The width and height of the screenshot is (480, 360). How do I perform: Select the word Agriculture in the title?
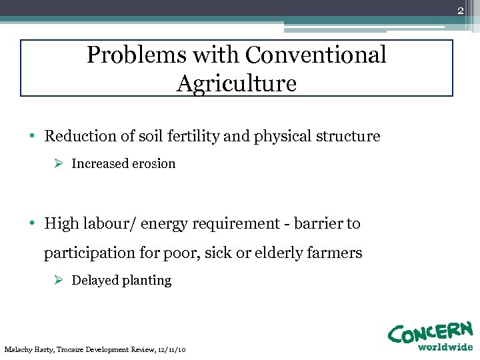tap(237, 84)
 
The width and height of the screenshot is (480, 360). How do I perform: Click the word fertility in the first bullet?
tap(194, 137)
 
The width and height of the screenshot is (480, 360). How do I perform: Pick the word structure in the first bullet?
tap(349, 137)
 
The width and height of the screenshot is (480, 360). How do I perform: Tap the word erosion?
tap(152, 163)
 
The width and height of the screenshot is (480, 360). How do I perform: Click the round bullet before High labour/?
tap(32, 224)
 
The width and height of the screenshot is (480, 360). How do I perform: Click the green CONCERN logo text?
tap(430, 332)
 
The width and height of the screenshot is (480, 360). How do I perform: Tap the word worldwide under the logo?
tap(445, 347)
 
